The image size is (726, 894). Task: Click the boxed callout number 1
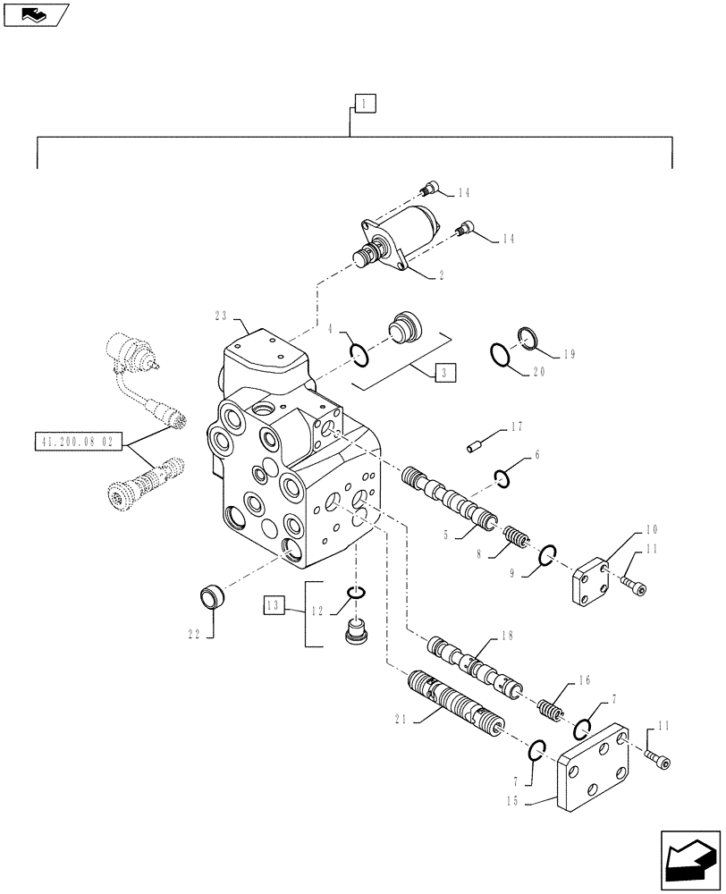pyautogui.click(x=365, y=104)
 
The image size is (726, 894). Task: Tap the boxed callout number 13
pyautogui.click(x=274, y=604)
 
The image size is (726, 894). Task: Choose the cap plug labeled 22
pyautogui.click(x=215, y=596)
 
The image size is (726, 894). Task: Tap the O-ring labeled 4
pyautogui.click(x=359, y=356)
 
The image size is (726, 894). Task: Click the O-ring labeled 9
pyautogui.click(x=549, y=559)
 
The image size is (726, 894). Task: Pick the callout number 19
pyautogui.click(x=569, y=354)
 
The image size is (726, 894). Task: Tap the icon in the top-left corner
pyautogui.click(x=36, y=15)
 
